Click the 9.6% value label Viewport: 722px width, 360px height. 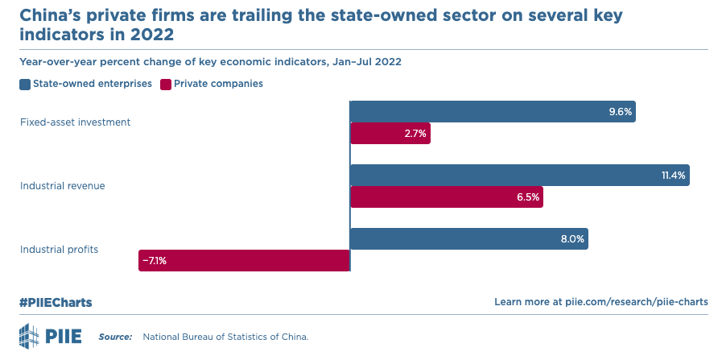pyautogui.click(x=620, y=111)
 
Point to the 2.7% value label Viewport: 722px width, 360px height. pyautogui.click(x=415, y=134)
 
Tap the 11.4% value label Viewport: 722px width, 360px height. pyautogui.click(x=672, y=175)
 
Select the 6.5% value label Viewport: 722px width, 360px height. pyautogui.click(x=527, y=197)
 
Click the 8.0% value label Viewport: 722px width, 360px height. pyautogui.click(x=572, y=239)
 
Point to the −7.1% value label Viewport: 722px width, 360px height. pyautogui.click(x=155, y=260)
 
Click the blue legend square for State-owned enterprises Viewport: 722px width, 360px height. pyautogui.click(x=25, y=84)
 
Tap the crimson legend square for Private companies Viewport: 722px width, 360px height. pyautogui.click(x=166, y=84)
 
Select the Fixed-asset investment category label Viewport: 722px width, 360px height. pyautogui.click(x=75, y=122)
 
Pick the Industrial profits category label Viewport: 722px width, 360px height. pyautogui.click(x=59, y=250)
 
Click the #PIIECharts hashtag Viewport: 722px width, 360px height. pyautogui.click(x=56, y=302)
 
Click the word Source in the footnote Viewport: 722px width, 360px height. pyautogui.click(x=115, y=336)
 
